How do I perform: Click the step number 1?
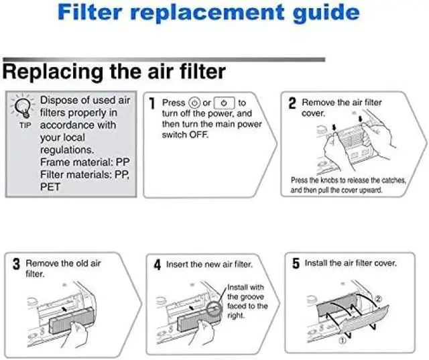(x=152, y=103)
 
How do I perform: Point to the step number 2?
(x=292, y=103)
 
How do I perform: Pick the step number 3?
(x=15, y=264)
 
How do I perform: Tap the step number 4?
(x=156, y=265)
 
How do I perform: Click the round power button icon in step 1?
(x=195, y=103)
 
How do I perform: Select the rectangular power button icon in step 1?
(x=224, y=103)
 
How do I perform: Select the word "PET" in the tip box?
(x=50, y=186)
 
